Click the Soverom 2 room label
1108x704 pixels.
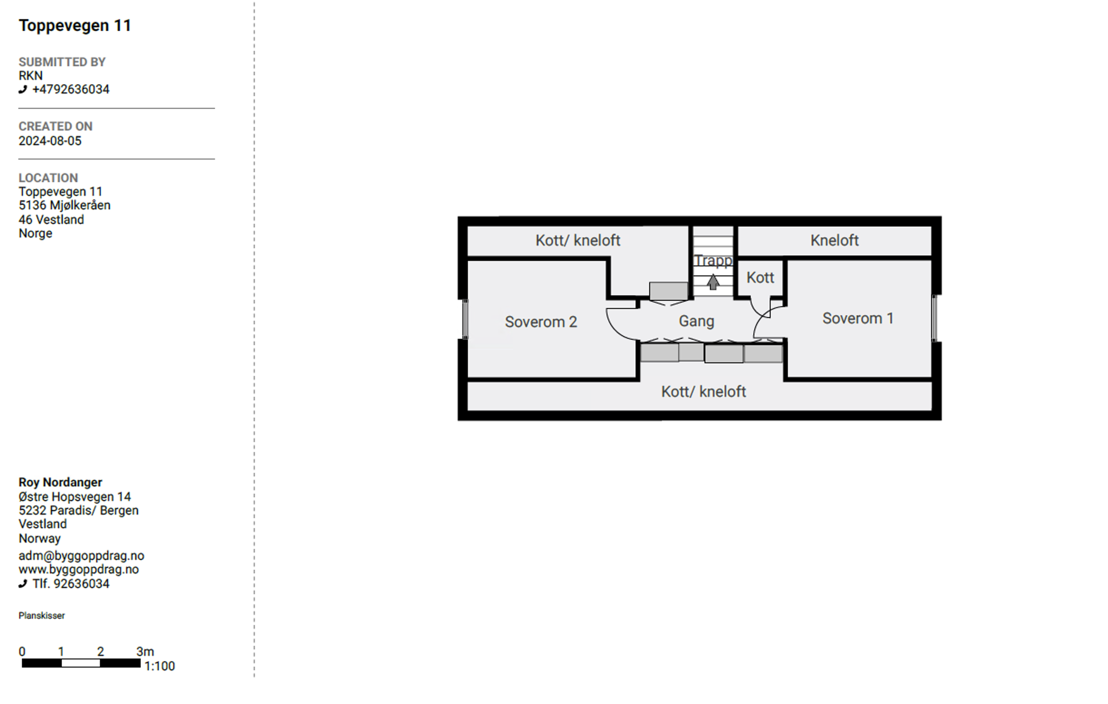[x=541, y=322]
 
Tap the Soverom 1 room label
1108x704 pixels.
[x=858, y=318]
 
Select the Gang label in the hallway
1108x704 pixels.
[x=696, y=322]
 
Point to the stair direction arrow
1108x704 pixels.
[x=713, y=282]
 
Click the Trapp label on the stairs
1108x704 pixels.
[x=713, y=261]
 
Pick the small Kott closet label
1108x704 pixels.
[x=760, y=278]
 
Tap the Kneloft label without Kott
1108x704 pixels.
[x=834, y=240]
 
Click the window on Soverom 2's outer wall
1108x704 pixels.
[x=465, y=319]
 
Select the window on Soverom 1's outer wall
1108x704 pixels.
[x=934, y=318]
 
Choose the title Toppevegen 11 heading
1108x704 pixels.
[x=75, y=26]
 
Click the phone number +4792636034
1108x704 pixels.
[x=71, y=89]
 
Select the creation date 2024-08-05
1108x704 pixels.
[x=50, y=141]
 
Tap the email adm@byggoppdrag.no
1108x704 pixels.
[x=82, y=555]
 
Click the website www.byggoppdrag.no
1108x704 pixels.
[x=79, y=569]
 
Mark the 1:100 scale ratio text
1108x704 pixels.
[x=160, y=666]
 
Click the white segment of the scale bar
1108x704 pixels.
[x=81, y=663]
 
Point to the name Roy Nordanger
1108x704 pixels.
[x=60, y=482]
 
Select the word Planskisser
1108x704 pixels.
[x=41, y=615]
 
